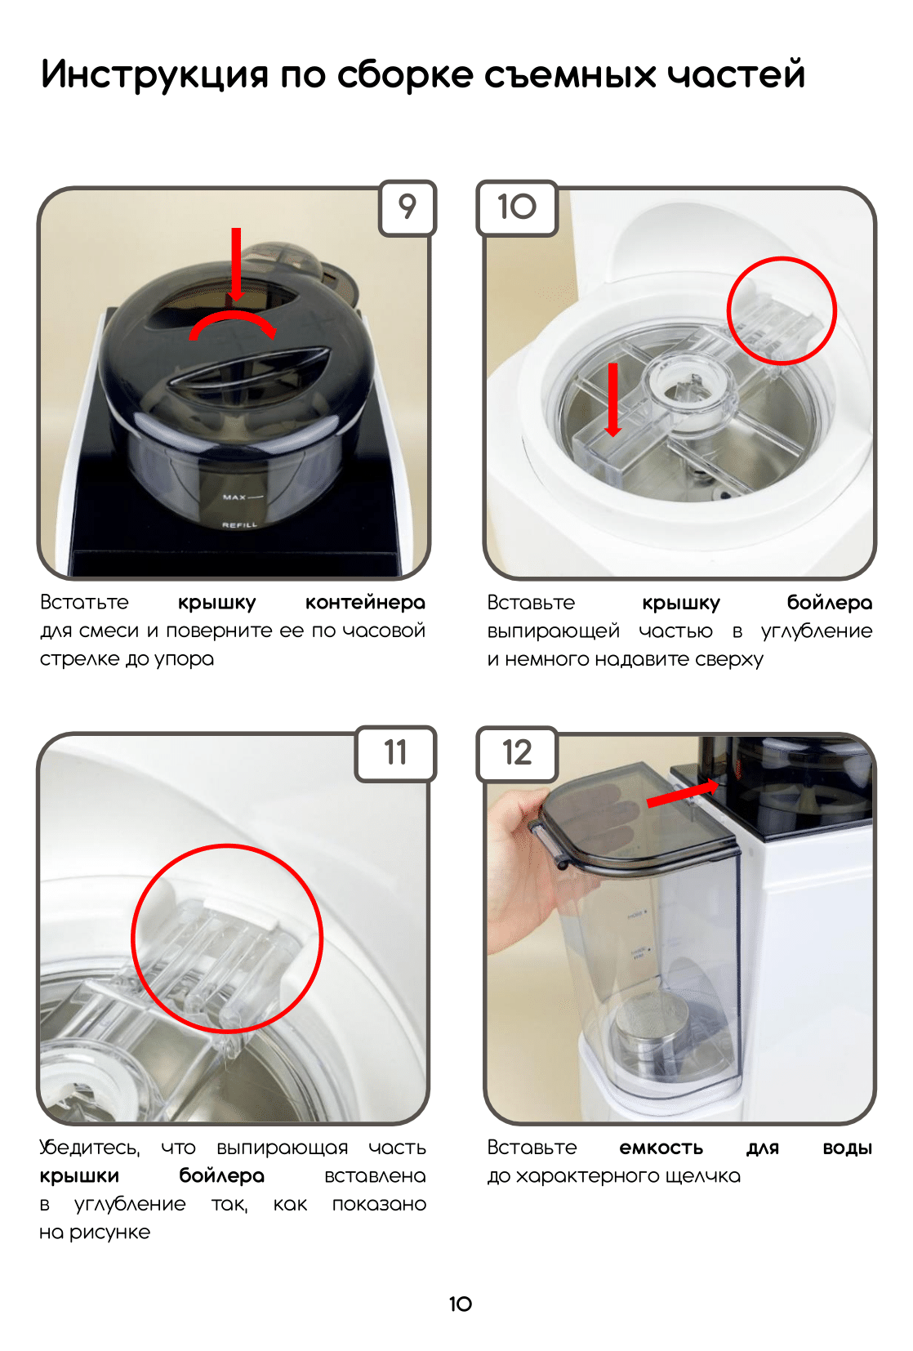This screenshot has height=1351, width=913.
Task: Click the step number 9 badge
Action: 407,207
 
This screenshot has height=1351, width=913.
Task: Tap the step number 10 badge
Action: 517,207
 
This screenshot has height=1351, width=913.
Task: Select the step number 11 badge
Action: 395,753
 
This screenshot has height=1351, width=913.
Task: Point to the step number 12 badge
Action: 517,753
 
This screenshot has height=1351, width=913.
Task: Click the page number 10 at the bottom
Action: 460,1304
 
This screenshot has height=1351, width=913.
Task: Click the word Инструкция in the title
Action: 154,75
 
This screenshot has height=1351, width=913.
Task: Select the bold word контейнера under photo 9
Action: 365,603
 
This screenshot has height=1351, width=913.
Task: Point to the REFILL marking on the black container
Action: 239,524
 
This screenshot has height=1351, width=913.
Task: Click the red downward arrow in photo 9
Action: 236,264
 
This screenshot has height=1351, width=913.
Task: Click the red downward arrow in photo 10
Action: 612,399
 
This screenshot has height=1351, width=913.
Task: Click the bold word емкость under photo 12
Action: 661,1148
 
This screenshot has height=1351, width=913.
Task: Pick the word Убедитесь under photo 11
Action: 90,1148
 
